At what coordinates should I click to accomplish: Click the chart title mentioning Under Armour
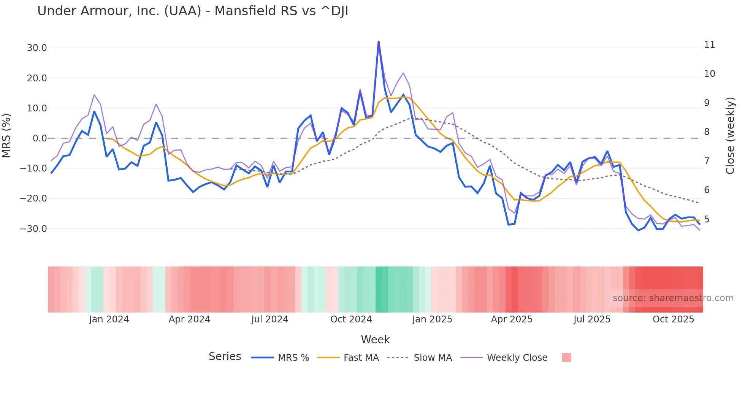(x=192, y=11)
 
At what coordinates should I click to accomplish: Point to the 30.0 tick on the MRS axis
(x=37, y=48)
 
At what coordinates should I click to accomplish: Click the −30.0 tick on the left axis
(x=33, y=229)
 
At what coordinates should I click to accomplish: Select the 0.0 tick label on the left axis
(x=40, y=138)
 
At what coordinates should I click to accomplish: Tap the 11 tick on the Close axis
(x=709, y=45)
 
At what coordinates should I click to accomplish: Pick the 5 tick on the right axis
(x=707, y=219)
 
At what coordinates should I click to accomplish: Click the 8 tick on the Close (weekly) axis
(x=707, y=132)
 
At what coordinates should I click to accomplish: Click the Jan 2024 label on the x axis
(x=109, y=319)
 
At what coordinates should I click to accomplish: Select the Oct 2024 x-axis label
(x=351, y=319)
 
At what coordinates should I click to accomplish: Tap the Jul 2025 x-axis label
(x=592, y=319)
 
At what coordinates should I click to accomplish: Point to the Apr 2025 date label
(x=512, y=319)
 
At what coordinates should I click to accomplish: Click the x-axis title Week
(x=375, y=340)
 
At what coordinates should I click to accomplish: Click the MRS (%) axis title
(x=6, y=136)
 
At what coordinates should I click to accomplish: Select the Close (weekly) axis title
(x=730, y=136)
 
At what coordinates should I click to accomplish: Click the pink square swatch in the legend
(x=566, y=357)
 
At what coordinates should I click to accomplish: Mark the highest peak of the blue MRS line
(x=379, y=41)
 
